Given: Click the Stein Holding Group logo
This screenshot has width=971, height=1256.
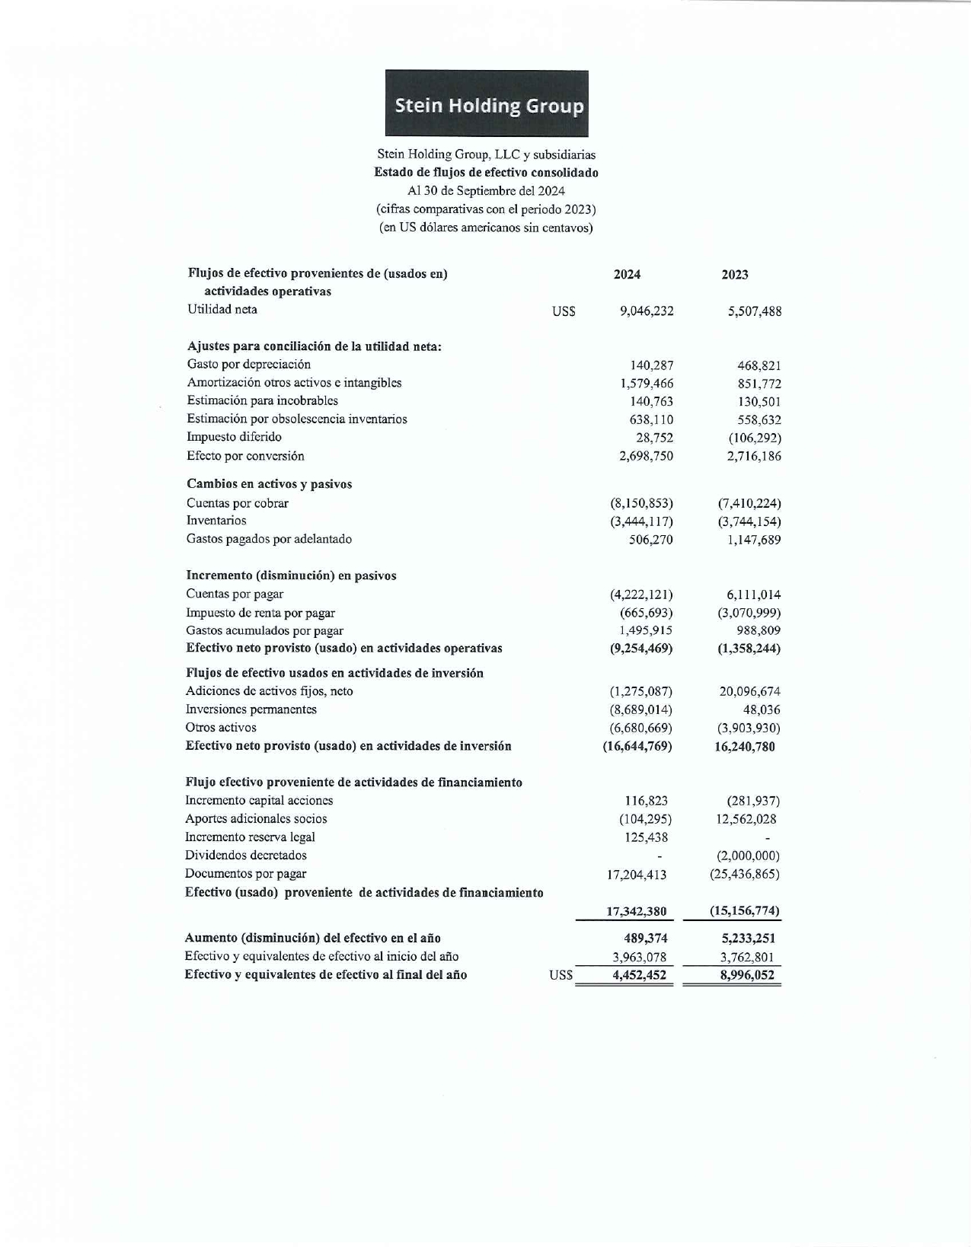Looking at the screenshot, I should pos(487,104).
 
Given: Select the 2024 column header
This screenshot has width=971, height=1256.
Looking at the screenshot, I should pos(627,275).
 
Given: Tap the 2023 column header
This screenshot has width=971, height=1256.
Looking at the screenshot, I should pos(735,275).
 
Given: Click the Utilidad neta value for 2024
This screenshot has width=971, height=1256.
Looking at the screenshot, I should pos(647,311).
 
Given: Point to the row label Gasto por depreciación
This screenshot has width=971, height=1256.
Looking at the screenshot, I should pos(248,365).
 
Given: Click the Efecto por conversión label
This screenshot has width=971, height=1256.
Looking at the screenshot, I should pos(245,456).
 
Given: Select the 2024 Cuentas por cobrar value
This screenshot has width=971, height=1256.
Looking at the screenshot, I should pos(641,503).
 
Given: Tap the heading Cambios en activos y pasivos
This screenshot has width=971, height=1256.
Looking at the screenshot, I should pos(269,484).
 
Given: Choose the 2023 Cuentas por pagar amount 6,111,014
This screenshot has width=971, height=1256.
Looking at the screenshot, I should pos(749,595).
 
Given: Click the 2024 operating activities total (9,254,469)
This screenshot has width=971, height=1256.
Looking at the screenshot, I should pos(638,649).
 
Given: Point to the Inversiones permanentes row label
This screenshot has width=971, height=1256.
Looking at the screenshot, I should pos(251,709).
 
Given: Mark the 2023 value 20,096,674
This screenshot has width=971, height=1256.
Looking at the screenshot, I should pos(749,692).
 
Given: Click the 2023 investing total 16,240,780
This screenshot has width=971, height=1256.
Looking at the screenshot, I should pos(744,747).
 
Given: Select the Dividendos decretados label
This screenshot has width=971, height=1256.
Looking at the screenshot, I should pos(245,856).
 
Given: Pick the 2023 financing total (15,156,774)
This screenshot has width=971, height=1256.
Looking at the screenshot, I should pos(744,911).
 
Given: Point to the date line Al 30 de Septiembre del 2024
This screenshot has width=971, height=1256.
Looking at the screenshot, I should pos(486,191).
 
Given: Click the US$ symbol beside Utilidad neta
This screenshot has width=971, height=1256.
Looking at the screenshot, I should pos(564,311).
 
